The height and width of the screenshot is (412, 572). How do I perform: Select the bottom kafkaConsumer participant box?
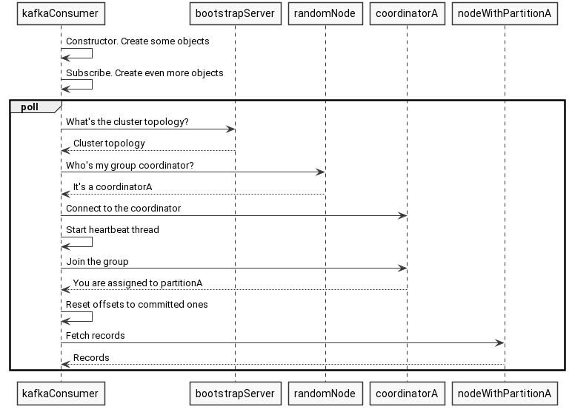click(x=61, y=392)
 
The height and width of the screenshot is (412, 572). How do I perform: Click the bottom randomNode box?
click(x=325, y=392)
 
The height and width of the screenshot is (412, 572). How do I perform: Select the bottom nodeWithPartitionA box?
click(x=504, y=392)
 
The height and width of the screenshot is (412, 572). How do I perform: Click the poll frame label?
click(x=30, y=107)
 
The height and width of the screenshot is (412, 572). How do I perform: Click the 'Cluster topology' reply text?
click(x=109, y=143)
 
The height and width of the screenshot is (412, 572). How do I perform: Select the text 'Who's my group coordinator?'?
click(x=130, y=165)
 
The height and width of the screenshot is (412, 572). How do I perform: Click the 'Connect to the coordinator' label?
click(x=123, y=208)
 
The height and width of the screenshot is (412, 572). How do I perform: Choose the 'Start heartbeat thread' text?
click(x=112, y=229)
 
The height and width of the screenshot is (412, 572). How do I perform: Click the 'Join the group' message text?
click(x=97, y=261)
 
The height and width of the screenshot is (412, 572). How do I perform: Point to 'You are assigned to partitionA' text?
click(x=138, y=283)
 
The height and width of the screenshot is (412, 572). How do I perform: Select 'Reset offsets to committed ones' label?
click(x=136, y=304)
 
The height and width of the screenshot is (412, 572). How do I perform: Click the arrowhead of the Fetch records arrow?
click(x=500, y=342)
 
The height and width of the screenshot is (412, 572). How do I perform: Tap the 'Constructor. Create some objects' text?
click(x=137, y=41)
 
